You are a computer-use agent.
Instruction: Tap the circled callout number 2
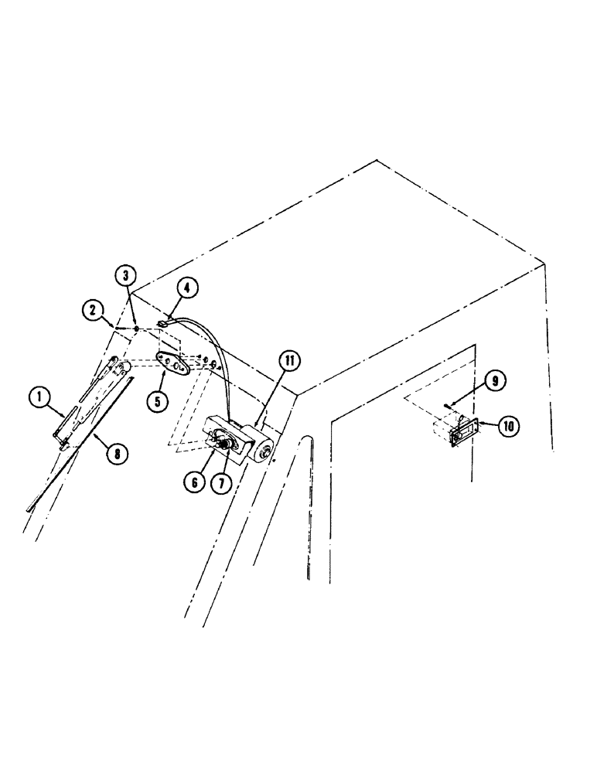94,312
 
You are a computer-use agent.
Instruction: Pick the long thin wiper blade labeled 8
77,448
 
